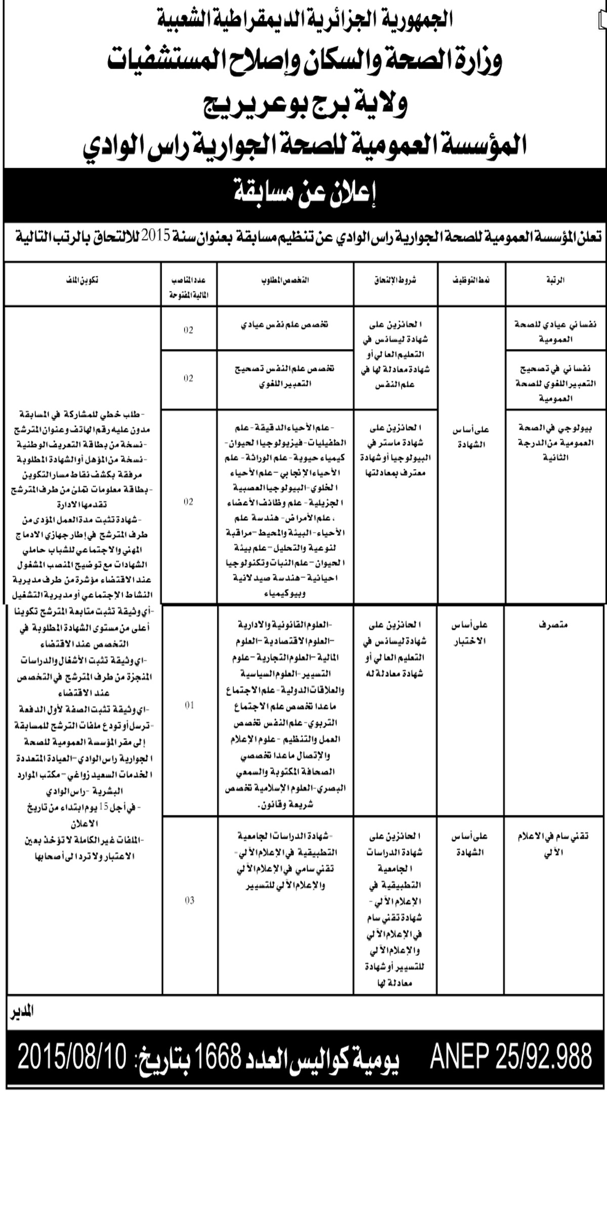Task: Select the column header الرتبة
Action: point(556,280)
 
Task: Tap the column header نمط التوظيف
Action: point(471,280)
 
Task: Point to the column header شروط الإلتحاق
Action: point(396,280)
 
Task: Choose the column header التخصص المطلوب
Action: point(286,280)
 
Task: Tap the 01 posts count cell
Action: point(189,705)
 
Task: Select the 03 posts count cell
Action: point(189,900)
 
